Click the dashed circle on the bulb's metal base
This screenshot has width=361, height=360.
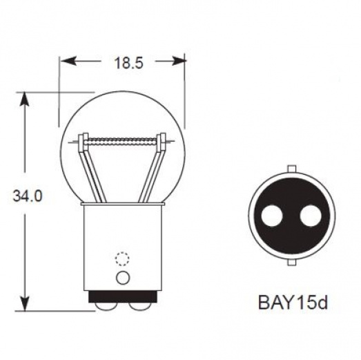point(122,259)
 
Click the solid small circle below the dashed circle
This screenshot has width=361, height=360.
point(122,277)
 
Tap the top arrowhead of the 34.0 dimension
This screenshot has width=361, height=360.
point(26,97)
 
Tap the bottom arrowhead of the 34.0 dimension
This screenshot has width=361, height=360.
point(26,304)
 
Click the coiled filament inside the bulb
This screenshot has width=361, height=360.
point(123,140)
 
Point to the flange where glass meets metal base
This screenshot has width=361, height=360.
point(123,205)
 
